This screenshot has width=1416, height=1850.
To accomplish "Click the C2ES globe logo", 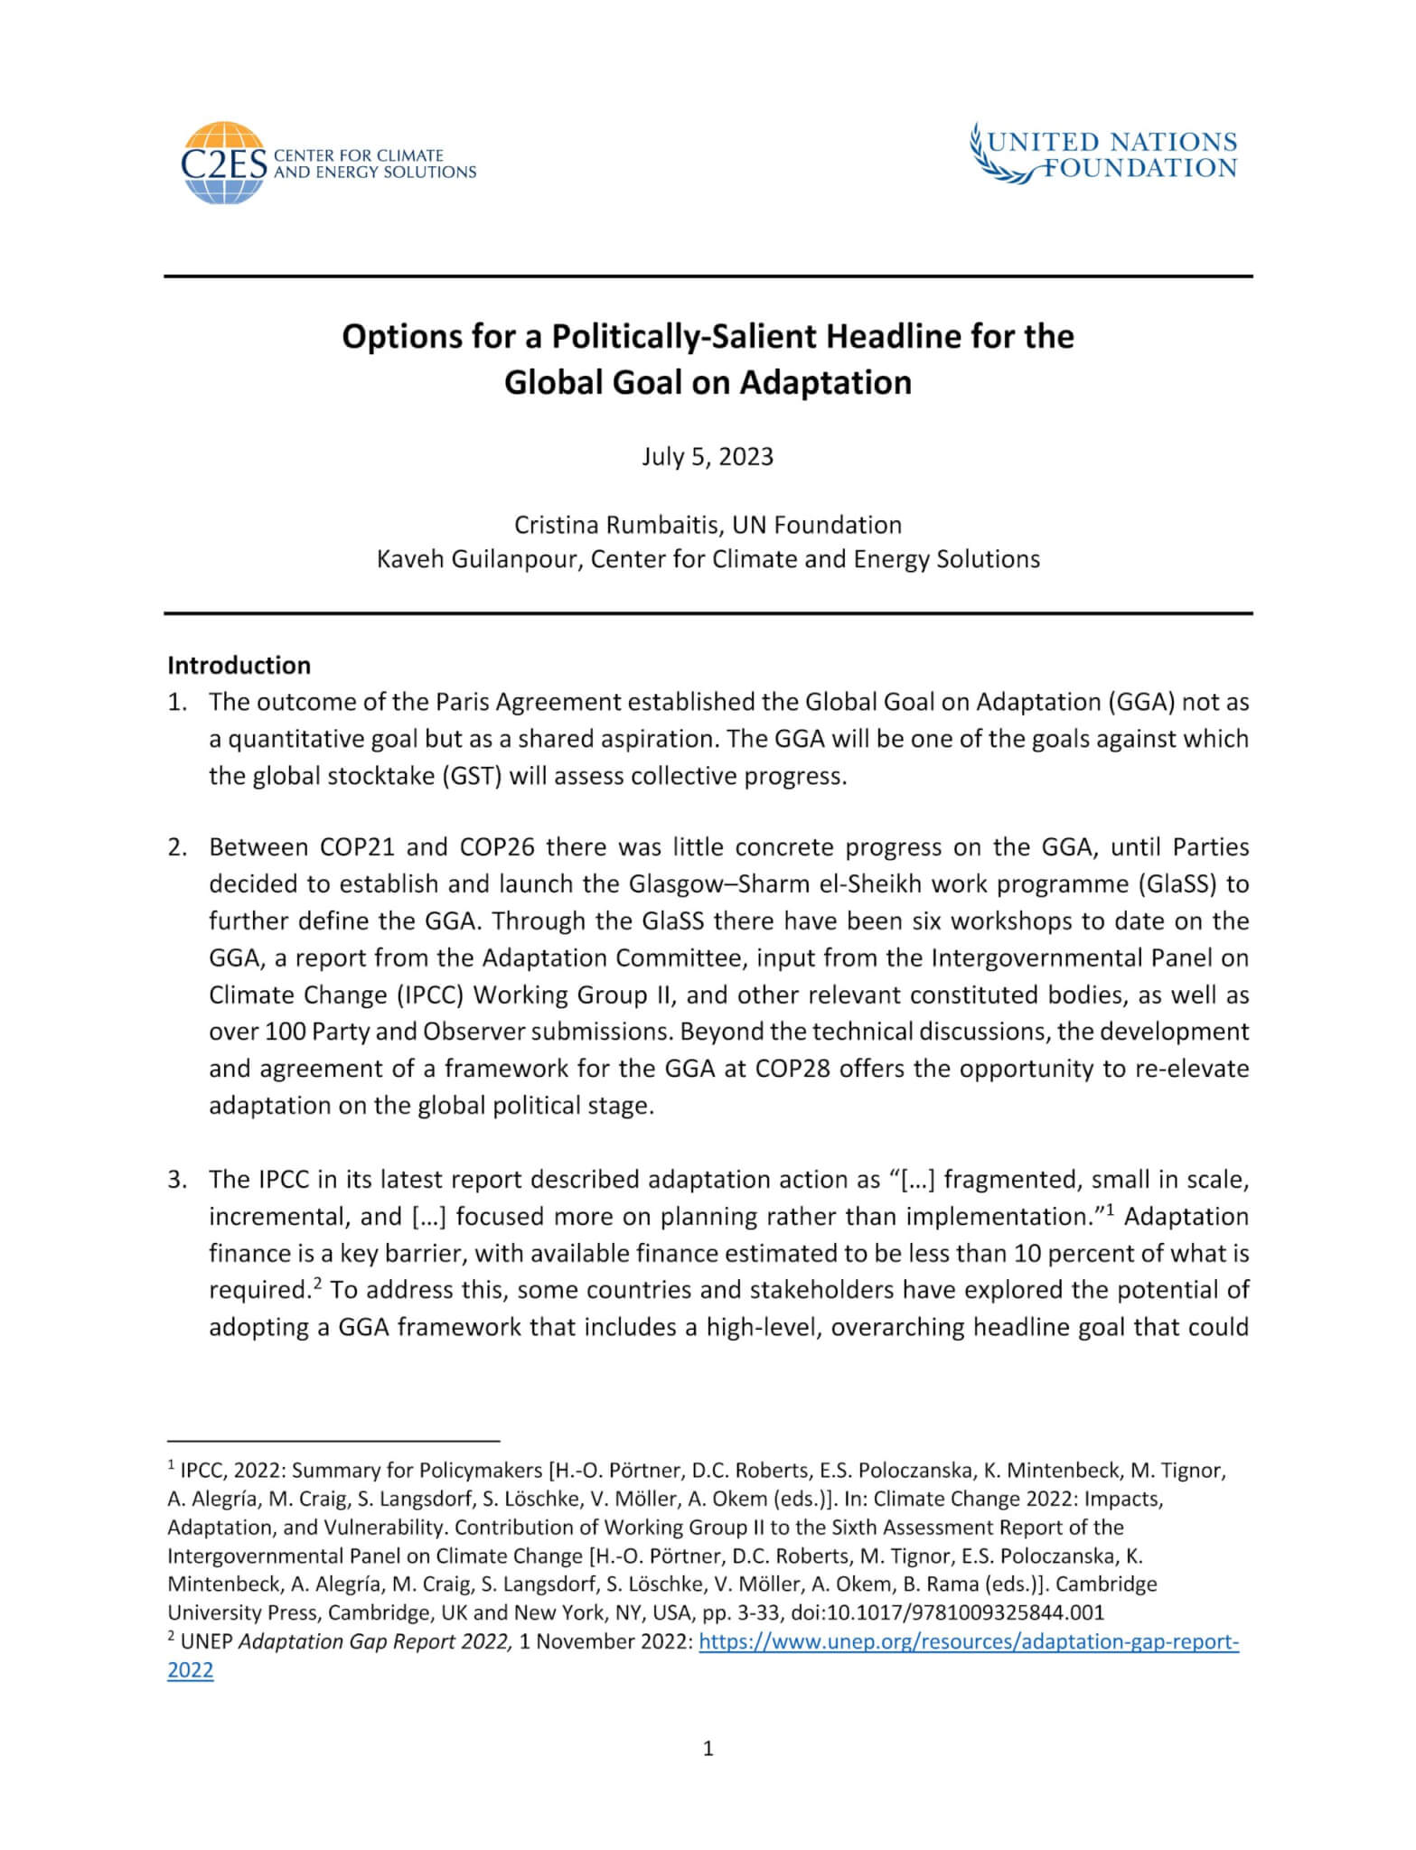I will coord(223,163).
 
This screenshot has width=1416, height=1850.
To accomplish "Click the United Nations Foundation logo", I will coord(1102,155).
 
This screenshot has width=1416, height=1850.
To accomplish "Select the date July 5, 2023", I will coord(708,457).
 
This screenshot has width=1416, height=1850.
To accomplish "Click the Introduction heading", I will coord(239,666).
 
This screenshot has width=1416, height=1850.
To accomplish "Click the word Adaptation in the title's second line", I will coord(825,383).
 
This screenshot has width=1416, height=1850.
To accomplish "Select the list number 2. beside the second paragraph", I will coord(177,847).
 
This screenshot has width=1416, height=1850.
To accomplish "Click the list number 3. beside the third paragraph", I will coord(177,1180).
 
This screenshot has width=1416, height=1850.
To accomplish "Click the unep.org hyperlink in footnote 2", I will coord(968,1642).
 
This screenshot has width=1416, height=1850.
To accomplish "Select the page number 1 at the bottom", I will coord(708,1774).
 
